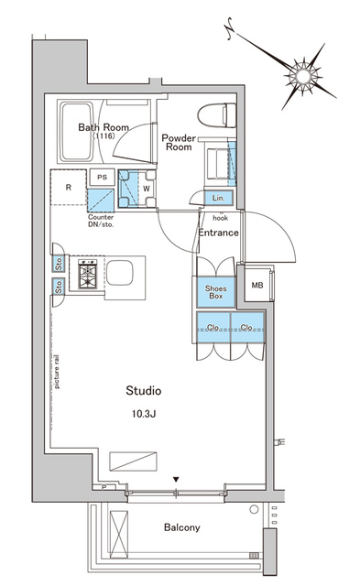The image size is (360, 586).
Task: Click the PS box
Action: coord(102,177)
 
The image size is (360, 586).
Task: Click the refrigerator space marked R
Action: coord(69,188)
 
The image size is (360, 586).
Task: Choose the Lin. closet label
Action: coord(218,198)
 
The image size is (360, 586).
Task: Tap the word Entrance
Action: coord(218,233)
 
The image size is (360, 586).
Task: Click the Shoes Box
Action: coord(215,291)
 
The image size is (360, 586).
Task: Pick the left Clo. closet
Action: coord(213,327)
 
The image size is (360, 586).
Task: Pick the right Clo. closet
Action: coord(247,327)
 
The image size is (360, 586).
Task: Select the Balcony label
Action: coord(181,527)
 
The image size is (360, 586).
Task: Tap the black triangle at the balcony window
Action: coord(176,479)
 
